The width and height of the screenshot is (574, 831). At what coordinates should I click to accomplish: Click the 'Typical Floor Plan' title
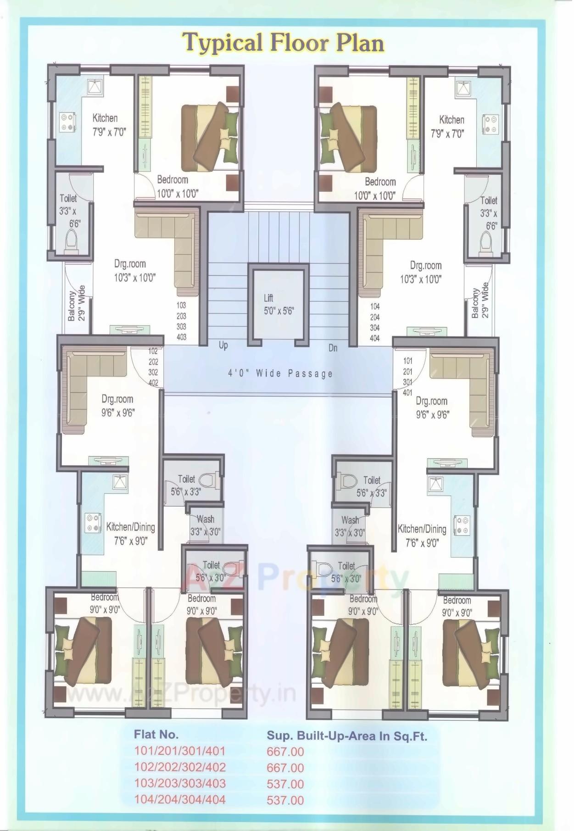[x=283, y=43]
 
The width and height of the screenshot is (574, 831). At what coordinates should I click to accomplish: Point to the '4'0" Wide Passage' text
[x=280, y=373]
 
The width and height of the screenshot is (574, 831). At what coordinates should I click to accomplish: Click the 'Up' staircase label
[x=223, y=345]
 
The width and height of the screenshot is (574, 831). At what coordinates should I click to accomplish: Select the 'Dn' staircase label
[x=333, y=348]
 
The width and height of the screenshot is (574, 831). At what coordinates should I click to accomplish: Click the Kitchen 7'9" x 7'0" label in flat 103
[x=109, y=125]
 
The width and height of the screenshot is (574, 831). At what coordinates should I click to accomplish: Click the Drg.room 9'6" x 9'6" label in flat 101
[x=432, y=407]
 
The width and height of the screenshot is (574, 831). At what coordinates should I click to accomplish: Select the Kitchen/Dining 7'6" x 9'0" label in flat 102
[x=131, y=534]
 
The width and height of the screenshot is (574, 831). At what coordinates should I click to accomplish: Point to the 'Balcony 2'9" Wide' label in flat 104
[x=480, y=301]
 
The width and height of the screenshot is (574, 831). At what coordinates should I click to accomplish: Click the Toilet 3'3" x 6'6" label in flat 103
[x=68, y=211]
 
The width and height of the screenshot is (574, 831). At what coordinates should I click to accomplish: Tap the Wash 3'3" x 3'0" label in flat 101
[x=350, y=526]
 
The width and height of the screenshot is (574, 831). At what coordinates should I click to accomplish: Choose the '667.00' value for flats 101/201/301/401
[x=285, y=752]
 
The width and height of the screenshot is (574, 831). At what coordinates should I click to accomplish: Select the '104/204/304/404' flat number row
[x=180, y=799]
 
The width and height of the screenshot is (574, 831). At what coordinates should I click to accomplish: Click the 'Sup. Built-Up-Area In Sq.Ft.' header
[x=347, y=736]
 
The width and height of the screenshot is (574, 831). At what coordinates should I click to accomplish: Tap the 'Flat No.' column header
[x=156, y=734]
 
